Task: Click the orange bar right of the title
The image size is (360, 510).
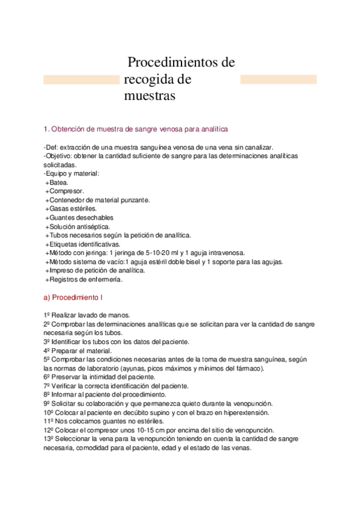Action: click(x=278, y=79)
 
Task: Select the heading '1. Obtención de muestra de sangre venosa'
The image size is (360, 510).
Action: click(x=136, y=129)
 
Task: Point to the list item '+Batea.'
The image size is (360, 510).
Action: click(x=56, y=182)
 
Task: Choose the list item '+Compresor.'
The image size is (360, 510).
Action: click(x=63, y=191)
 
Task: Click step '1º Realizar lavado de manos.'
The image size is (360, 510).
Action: click(x=87, y=315)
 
